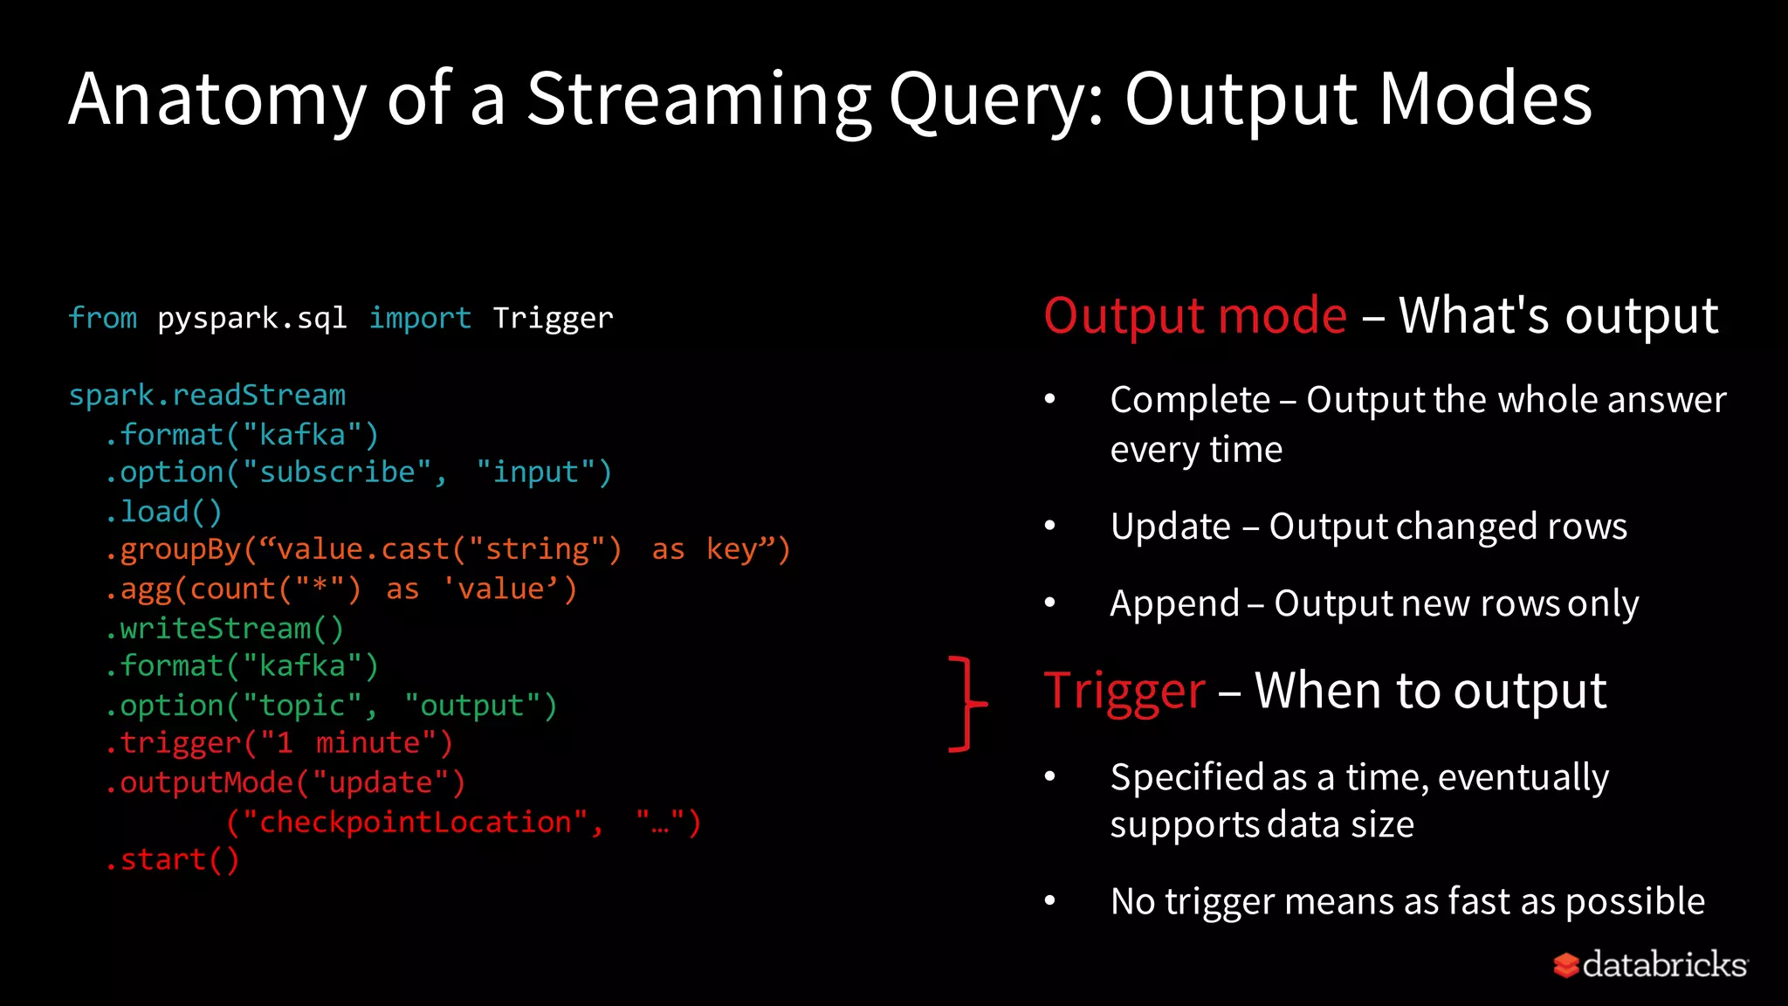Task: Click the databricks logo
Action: [1650, 965]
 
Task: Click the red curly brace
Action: [966, 703]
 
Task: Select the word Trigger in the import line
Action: [553, 319]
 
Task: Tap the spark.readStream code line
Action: [207, 396]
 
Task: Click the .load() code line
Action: [163, 512]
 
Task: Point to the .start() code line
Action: [172, 860]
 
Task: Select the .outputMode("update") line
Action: [285, 782]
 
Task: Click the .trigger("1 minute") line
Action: [279, 743]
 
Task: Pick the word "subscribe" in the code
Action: [337, 472]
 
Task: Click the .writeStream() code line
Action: [224, 629]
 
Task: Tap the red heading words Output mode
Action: [1195, 316]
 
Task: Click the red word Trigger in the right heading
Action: [1124, 692]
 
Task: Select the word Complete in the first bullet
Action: [1190, 400]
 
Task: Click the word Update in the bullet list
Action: [1170, 527]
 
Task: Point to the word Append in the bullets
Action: [1174, 604]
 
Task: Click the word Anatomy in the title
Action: [217, 100]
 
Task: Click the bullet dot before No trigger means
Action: [1050, 901]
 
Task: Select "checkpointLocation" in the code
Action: [415, 823]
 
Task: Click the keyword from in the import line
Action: [103, 319]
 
